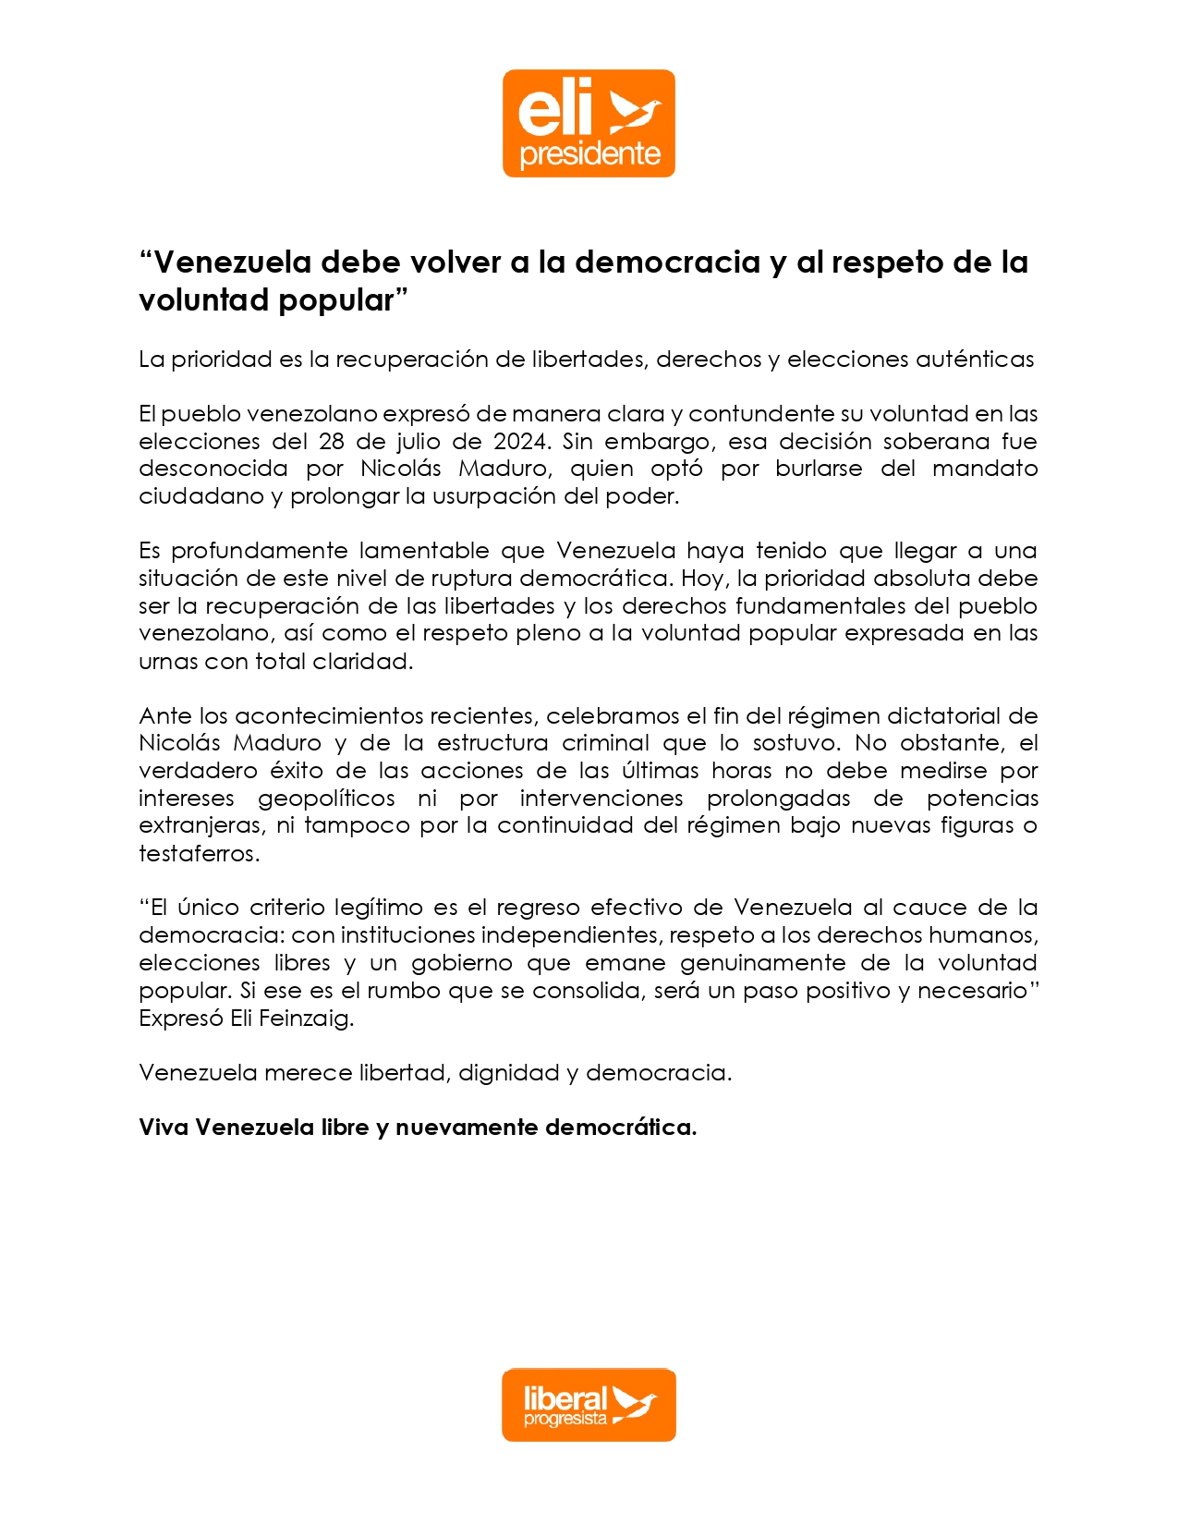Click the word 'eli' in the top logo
554,109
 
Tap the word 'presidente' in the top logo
589,153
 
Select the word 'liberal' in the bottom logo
565,1397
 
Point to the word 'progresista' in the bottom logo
565,1419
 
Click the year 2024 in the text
520,441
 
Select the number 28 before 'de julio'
332,441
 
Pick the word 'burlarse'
819,469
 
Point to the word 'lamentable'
424,551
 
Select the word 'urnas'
168,662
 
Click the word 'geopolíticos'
326,799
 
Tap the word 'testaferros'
199,854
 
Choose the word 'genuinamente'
762,963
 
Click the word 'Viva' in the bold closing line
164,1128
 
